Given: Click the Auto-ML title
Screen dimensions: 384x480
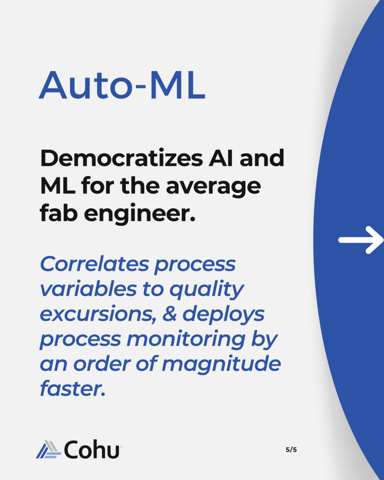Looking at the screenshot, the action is click(x=122, y=85).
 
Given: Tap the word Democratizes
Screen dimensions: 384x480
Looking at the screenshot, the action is click(x=121, y=158).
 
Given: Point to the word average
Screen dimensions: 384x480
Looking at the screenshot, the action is click(x=213, y=186).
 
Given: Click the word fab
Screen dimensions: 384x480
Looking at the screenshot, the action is click(x=59, y=213).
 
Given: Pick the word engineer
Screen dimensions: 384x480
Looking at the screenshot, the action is click(x=140, y=213).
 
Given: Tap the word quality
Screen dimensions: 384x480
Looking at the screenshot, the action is click(x=206, y=290).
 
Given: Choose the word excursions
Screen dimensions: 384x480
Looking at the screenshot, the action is click(x=98, y=315).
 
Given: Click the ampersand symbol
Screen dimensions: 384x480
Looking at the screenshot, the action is click(x=169, y=314).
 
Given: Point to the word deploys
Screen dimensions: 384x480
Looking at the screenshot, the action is click(x=223, y=315).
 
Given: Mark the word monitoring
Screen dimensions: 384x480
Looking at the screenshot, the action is click(x=186, y=340).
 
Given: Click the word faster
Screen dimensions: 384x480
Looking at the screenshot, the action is click(x=73, y=388).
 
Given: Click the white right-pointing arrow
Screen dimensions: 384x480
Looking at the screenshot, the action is click(x=361, y=240).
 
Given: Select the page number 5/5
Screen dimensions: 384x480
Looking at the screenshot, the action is click(x=291, y=449).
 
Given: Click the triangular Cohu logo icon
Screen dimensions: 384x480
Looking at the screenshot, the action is click(x=48, y=449).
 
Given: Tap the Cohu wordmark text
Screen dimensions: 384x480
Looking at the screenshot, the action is click(x=91, y=449).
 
